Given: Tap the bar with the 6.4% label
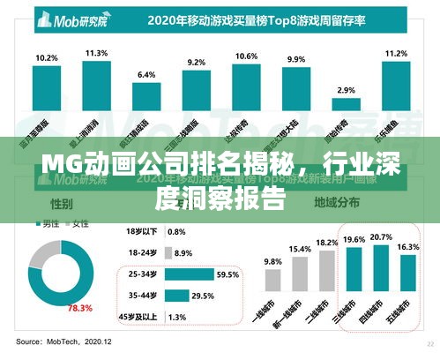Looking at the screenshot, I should pos(146,94).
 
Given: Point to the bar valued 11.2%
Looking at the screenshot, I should pos(397,86).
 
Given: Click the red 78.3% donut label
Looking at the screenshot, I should pos(80,307).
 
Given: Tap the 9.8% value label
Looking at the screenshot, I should pos(273,261).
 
